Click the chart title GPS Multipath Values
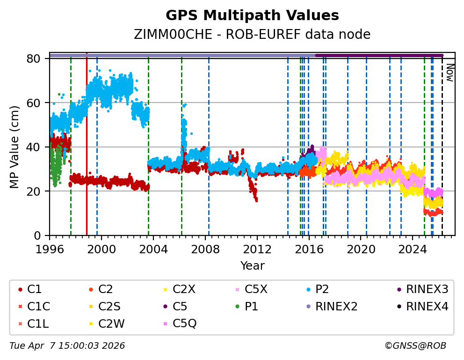252,15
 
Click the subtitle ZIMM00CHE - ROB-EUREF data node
252,35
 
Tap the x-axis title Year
252,266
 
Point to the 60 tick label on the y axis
38,103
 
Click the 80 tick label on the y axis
38,59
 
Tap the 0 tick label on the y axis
41,235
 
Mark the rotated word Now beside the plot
450,73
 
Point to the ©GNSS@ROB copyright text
415,346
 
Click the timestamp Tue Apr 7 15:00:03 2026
67,346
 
